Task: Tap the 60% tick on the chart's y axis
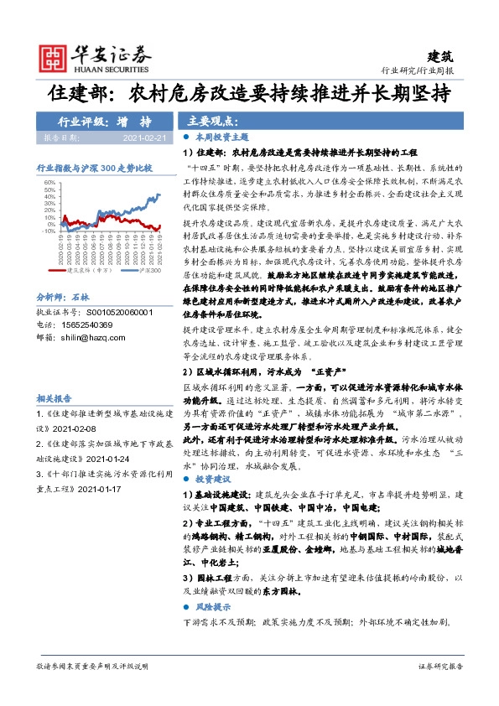49,182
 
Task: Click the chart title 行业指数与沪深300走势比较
95,169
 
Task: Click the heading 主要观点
210,120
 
